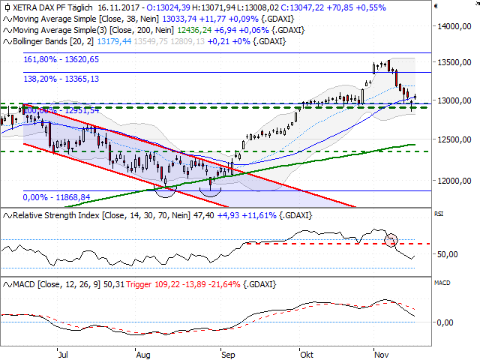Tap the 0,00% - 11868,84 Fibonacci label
point(57,196)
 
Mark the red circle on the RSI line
point(391,241)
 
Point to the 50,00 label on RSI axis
point(447,254)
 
